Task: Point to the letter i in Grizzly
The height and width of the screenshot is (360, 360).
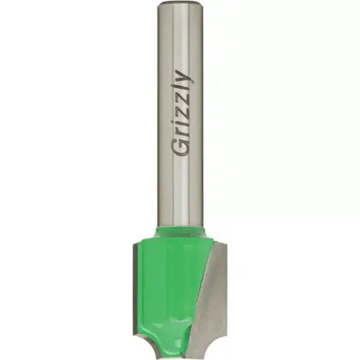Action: tap(181, 123)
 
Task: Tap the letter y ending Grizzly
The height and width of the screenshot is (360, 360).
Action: tap(185, 78)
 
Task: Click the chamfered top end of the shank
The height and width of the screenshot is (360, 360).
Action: tap(180, 4)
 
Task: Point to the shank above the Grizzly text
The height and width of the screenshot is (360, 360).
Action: tap(180, 37)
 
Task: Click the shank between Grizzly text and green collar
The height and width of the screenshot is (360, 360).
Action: tap(180, 192)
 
